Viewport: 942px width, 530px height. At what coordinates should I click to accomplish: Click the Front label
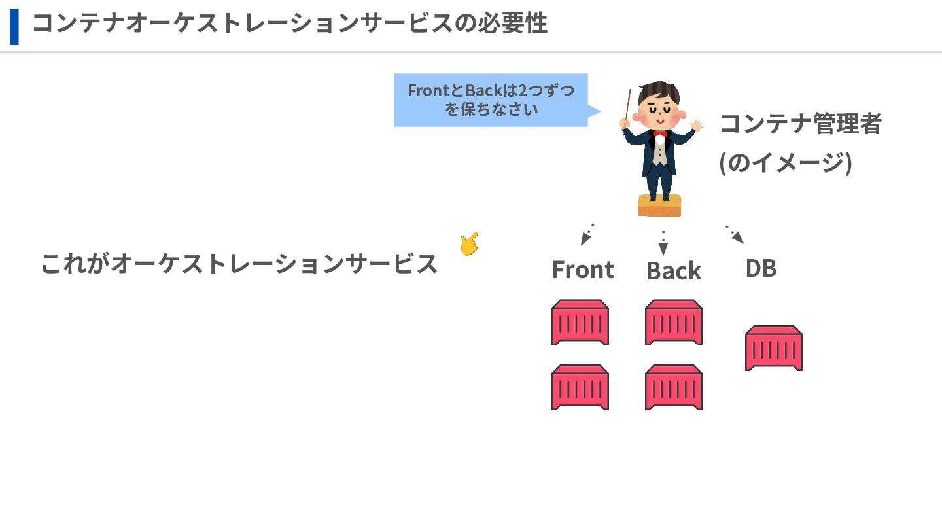pyautogui.click(x=583, y=270)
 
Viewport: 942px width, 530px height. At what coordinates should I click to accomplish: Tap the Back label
pyautogui.click(x=673, y=271)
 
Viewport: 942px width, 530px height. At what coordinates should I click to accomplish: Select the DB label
pyautogui.click(x=761, y=268)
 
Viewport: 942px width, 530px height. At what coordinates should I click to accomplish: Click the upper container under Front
pyautogui.click(x=580, y=322)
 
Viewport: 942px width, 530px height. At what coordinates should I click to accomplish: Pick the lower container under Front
pyautogui.click(x=580, y=387)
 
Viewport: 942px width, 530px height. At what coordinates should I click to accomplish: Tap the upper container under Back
pyautogui.click(x=674, y=322)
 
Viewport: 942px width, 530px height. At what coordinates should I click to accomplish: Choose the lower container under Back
pyautogui.click(x=674, y=387)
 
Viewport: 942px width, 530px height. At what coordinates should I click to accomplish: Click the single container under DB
pyautogui.click(x=774, y=348)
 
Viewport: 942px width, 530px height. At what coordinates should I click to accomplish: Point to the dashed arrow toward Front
pyautogui.click(x=587, y=234)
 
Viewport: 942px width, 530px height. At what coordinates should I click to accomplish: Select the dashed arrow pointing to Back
pyautogui.click(x=663, y=243)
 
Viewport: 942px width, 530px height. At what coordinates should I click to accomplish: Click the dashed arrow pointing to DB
pyautogui.click(x=735, y=234)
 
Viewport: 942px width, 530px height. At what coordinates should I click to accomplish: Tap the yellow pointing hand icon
pyautogui.click(x=468, y=245)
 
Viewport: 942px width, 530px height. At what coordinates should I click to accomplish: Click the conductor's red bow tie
pyautogui.click(x=659, y=133)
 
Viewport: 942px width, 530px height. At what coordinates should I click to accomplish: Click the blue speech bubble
pyautogui.click(x=491, y=100)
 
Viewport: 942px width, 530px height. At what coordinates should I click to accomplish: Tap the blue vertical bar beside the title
pyautogui.click(x=14, y=26)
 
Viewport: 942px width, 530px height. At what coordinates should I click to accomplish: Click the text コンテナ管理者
pyautogui.click(x=800, y=123)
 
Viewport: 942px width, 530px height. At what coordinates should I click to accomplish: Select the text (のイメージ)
pyautogui.click(x=785, y=162)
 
